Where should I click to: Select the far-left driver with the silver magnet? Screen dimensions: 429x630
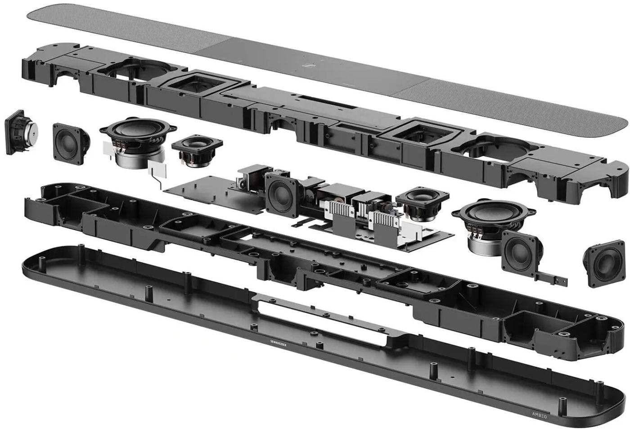20,133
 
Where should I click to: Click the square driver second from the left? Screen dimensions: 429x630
71,142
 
